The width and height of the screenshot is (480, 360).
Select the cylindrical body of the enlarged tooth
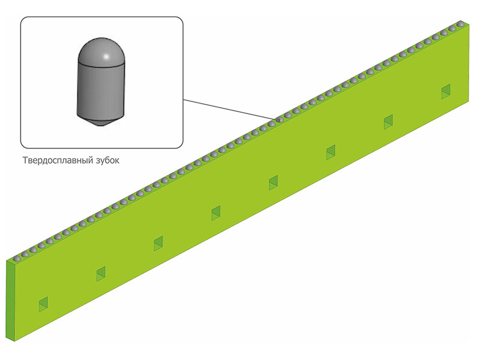click(x=101, y=91)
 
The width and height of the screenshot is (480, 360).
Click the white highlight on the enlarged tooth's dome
click(x=106, y=56)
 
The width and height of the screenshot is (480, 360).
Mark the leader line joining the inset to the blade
click(x=230, y=109)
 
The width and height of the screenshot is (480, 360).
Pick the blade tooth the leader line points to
click(x=280, y=119)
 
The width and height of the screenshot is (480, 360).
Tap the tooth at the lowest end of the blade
click(x=17, y=259)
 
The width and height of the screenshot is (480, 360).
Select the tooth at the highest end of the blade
click(x=460, y=23)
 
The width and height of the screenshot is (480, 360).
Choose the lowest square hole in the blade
click(x=43, y=304)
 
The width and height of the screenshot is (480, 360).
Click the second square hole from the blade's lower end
click(x=101, y=274)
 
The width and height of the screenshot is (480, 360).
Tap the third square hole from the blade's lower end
click(x=158, y=244)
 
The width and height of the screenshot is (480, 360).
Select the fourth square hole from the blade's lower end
click(x=216, y=214)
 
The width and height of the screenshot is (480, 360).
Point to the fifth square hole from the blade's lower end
click(x=274, y=183)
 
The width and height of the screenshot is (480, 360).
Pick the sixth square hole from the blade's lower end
click(x=331, y=152)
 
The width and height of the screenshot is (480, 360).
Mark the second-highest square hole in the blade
click(x=388, y=122)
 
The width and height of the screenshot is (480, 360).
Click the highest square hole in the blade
click(x=446, y=92)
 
